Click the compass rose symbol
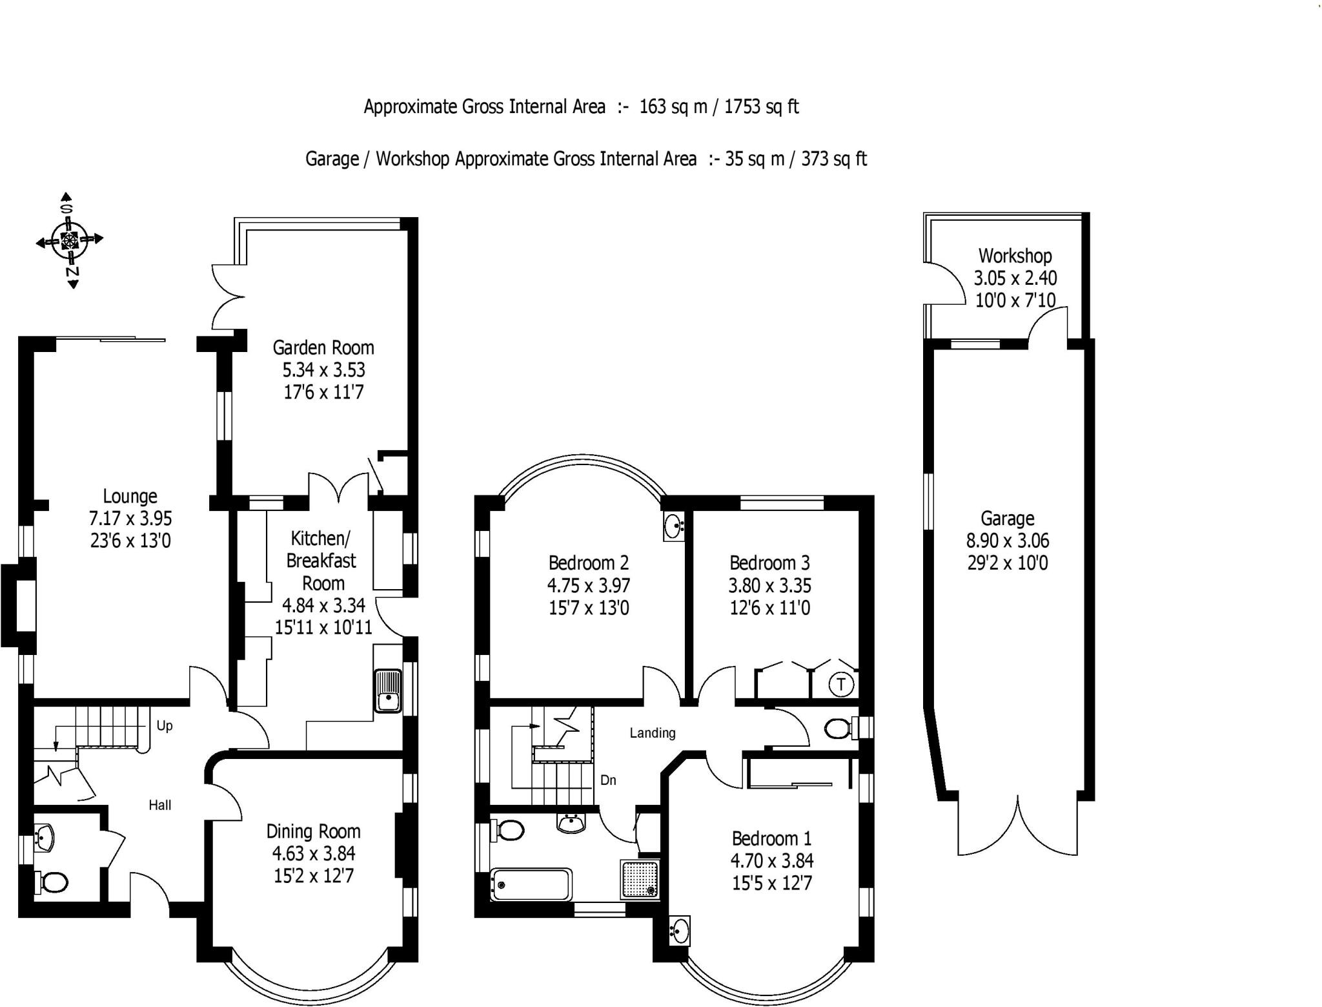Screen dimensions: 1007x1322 pos(69,240)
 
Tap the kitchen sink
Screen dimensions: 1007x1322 pos(387,690)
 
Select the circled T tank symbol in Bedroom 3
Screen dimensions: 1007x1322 pos(841,683)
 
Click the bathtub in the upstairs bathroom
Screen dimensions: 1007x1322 pos(531,883)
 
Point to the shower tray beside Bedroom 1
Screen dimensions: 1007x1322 pos(640,879)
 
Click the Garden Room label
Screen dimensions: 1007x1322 pos(323,348)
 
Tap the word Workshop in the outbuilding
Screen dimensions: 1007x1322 pos(1015,256)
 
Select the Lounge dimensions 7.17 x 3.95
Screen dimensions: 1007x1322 pos(130,518)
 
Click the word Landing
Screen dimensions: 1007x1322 pos(653,732)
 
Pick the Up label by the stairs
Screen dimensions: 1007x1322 pos(165,725)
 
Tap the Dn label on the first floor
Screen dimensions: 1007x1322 pos(608,780)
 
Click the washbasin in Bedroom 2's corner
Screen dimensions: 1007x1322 pos(673,526)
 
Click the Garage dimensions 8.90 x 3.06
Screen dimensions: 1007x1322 pos(1007,540)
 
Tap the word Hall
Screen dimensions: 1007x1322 pos(160,805)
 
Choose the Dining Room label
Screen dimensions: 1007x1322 pos(313,831)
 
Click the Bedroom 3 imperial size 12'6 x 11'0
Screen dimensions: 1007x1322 pos(769,608)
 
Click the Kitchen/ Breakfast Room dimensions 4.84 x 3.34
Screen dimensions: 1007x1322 pos(323,605)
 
